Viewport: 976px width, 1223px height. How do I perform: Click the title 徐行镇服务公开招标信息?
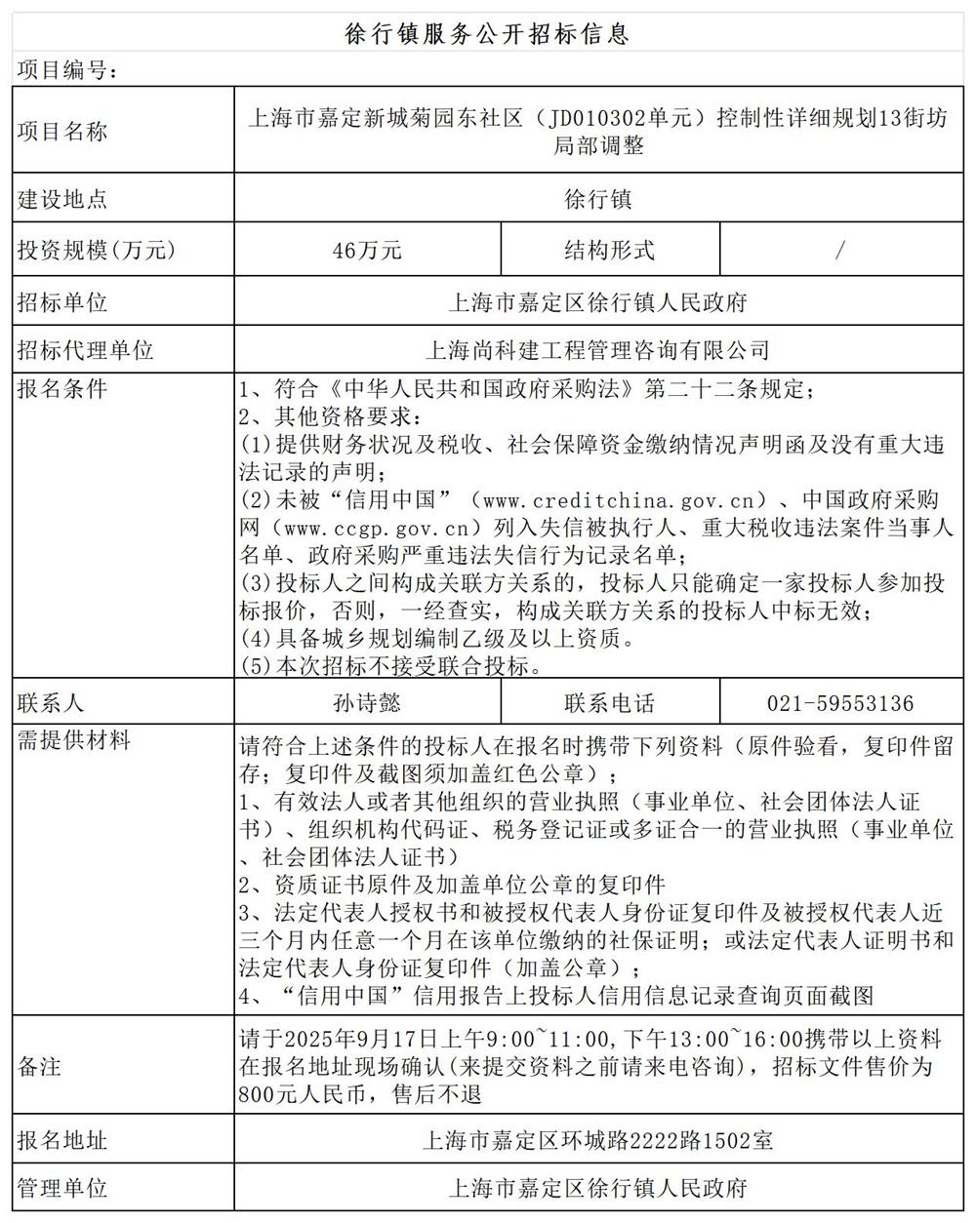click(487, 34)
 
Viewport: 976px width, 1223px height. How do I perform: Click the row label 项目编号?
click(67, 71)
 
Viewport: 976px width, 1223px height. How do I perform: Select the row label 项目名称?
click(62, 131)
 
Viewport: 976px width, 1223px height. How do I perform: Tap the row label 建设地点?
click(62, 200)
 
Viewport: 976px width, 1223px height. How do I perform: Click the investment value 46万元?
click(367, 251)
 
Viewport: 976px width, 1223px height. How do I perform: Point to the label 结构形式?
click(609, 251)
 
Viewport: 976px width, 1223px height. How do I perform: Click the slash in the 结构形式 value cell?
click(840, 251)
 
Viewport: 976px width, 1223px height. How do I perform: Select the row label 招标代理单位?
click(86, 349)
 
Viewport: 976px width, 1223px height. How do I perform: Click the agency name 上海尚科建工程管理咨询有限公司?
click(597, 349)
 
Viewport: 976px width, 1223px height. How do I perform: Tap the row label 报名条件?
click(62, 388)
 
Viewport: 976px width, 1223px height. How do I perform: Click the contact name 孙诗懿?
click(367, 703)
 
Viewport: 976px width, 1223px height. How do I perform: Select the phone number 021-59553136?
click(840, 703)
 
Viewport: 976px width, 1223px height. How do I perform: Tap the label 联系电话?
click(609, 703)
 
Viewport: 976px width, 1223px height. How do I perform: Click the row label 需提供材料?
click(74, 740)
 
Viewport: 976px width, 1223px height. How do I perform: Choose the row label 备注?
click(40, 1066)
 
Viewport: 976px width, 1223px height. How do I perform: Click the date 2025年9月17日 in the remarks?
click(353, 1039)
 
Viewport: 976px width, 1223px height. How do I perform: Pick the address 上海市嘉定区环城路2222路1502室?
click(597, 1139)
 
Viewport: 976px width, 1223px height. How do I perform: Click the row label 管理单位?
click(62, 1188)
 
